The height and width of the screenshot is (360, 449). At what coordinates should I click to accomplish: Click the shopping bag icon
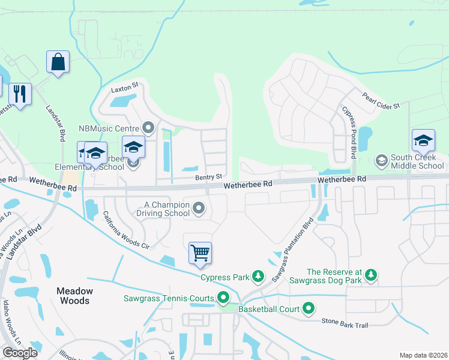click(58, 62)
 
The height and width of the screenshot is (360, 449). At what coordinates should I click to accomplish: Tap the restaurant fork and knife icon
click(20, 94)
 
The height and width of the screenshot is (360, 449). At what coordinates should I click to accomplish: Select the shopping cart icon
click(200, 252)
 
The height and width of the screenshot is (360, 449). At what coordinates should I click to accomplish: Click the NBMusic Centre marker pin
click(149, 127)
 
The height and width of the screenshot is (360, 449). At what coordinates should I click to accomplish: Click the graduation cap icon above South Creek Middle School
click(423, 140)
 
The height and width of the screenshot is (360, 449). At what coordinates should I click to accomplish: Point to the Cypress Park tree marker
click(258, 275)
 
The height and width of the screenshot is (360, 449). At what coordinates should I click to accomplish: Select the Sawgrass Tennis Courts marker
click(223, 298)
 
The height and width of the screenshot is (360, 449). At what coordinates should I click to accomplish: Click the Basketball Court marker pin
click(309, 309)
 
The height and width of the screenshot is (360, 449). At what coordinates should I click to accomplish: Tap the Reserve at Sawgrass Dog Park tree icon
click(372, 275)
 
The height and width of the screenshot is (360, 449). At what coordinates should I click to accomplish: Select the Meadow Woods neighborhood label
click(74, 296)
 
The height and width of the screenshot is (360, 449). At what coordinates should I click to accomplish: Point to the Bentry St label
click(209, 177)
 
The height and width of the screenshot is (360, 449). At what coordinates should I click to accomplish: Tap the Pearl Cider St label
click(381, 101)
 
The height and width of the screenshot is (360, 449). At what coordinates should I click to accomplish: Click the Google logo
click(20, 353)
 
